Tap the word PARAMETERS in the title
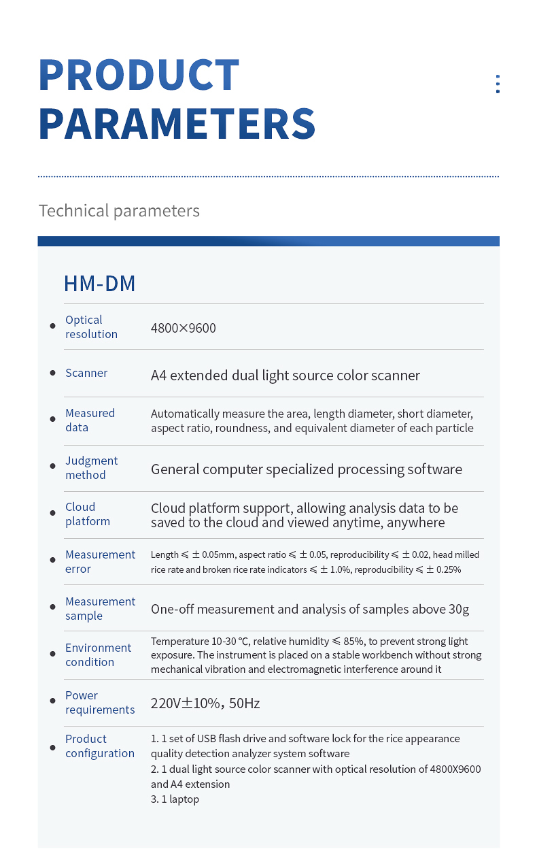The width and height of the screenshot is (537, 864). point(177,123)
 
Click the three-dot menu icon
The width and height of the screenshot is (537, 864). point(498,84)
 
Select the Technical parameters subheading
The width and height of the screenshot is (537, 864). point(119,211)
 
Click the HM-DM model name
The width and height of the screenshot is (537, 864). point(99,283)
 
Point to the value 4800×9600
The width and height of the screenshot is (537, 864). point(183,328)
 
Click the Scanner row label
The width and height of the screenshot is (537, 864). point(86,373)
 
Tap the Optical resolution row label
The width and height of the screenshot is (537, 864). point(91,327)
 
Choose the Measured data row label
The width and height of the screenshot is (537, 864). point(90,420)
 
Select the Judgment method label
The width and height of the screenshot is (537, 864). point(91,467)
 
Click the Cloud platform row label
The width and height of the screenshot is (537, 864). point(87,514)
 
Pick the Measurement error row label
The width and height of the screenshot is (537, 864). point(100,561)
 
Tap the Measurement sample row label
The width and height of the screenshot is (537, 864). point(100,608)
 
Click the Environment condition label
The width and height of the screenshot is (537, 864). point(98,654)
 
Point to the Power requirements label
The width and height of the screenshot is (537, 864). point(100,702)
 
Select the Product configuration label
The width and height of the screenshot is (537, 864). point(99,746)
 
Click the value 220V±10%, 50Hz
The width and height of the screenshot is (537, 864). point(205,703)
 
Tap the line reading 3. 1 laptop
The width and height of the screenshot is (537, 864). point(175,799)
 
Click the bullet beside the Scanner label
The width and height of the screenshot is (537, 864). point(53,373)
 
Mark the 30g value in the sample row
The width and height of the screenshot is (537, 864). point(459,609)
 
